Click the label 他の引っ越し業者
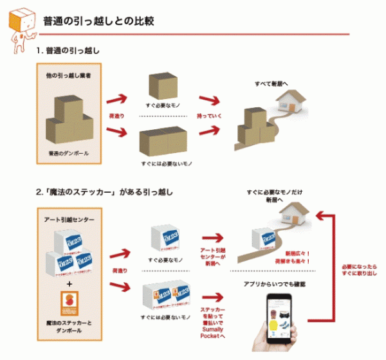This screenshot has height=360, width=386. (x=68, y=75)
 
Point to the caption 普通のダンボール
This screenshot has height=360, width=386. (x=68, y=154)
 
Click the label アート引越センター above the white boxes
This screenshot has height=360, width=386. (x=68, y=220)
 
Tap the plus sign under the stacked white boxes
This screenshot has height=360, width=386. (x=68, y=283)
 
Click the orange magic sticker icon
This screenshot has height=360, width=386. (x=68, y=303)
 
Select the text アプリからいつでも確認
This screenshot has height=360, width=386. (x=277, y=283)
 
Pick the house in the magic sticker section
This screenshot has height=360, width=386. (x=292, y=216)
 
